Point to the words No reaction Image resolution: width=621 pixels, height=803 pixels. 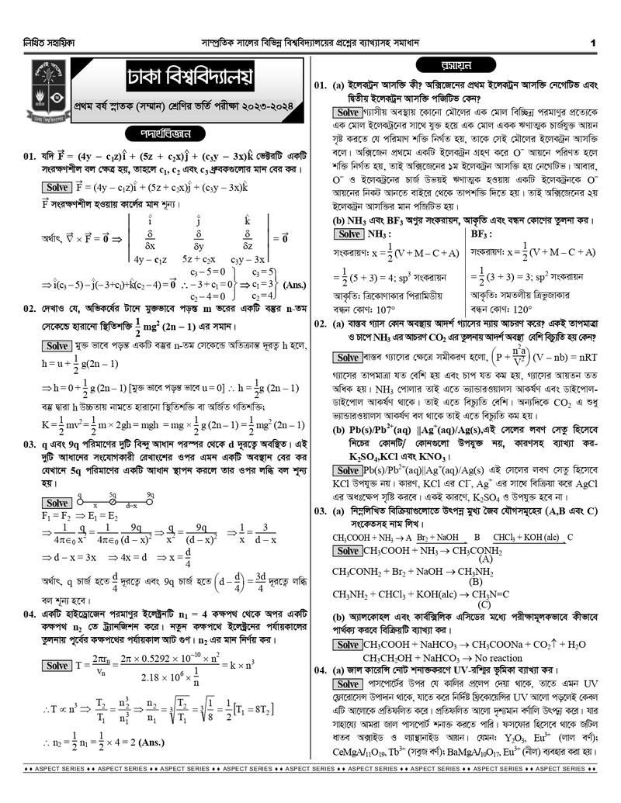(499, 657)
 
